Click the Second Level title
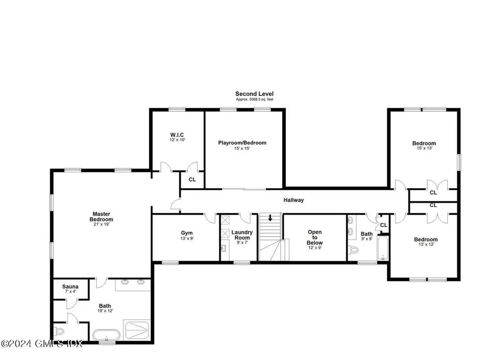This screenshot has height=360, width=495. tap(254, 94)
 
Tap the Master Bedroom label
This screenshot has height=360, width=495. tap(102, 216)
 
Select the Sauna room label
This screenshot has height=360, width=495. tap(71, 286)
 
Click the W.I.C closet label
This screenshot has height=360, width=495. tap(177, 135)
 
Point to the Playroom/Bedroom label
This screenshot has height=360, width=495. tap(242, 143)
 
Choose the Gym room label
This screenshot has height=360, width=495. tap(187, 233)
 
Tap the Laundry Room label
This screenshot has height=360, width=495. tap(242, 235)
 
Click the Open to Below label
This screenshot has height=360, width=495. tap(315, 238)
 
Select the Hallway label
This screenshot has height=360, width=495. tap(293, 200)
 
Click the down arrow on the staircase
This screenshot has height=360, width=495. tap(270, 218)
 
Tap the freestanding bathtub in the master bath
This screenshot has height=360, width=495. tap(106, 335)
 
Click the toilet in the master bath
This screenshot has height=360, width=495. tap(59, 331)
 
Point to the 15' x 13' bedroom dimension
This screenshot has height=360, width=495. tap(424, 148)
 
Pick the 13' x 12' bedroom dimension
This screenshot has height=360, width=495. tap(426, 244)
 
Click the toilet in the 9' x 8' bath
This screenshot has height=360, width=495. tap(353, 250)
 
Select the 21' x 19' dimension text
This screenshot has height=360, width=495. tap(102, 225)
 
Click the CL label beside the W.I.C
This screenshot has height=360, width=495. tap(192, 180)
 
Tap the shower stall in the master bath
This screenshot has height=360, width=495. tap(137, 330)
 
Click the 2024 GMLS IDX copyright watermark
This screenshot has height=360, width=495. tap(42, 344)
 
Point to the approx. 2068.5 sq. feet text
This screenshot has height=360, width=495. tap(254, 100)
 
